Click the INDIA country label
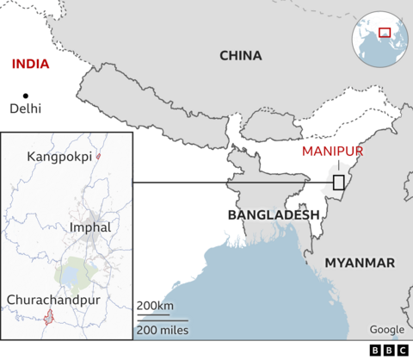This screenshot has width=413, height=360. [x=30, y=64]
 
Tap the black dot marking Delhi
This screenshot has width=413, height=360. [x=26, y=95]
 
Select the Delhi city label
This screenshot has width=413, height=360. [x=26, y=109]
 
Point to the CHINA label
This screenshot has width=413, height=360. [x=240, y=56]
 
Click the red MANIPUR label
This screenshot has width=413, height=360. [x=333, y=152]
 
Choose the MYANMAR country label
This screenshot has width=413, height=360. [x=360, y=263]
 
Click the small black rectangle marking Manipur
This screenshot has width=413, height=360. [x=339, y=183]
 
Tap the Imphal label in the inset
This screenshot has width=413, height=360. [x=89, y=227]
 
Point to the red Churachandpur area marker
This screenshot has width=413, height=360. [x=50, y=318]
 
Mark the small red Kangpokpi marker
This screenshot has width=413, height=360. [x=99, y=156]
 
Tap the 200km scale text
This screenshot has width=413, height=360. [x=155, y=307]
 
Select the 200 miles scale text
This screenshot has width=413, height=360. [x=162, y=331]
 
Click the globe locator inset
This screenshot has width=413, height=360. [x=378, y=39]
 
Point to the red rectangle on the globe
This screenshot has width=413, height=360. [x=385, y=33]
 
